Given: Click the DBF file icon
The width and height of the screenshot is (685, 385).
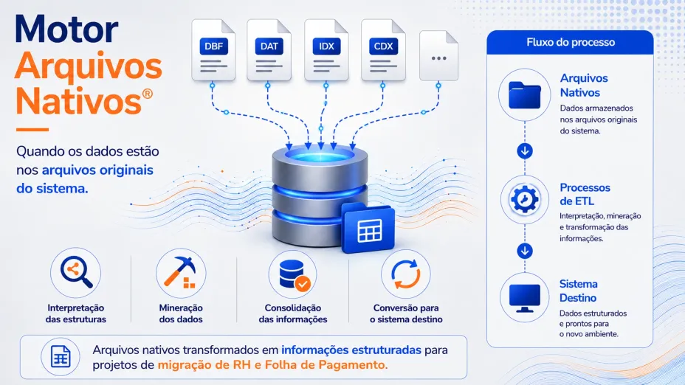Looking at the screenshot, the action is (x=213, y=49).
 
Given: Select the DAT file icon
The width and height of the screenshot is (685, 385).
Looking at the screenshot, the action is (x=269, y=49).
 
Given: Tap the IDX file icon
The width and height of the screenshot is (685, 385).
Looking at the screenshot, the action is (x=326, y=49).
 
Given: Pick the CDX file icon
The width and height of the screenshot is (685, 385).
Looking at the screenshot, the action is (x=383, y=49).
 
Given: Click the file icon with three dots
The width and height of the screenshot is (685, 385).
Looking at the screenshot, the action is (x=438, y=56).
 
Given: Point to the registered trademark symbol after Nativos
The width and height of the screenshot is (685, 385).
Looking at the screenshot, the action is (x=147, y=94).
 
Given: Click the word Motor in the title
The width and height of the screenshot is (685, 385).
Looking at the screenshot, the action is (x=66, y=30).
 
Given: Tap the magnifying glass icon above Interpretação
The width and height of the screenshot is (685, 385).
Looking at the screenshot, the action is (x=76, y=272).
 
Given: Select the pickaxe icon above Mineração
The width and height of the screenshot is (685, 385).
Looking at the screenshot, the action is (x=180, y=273).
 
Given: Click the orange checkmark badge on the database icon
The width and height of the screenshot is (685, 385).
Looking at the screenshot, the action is (x=303, y=284).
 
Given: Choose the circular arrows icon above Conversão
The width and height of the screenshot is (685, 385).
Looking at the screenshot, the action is (x=406, y=274).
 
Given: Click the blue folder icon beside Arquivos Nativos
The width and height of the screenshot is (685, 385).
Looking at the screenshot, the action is (x=525, y=94).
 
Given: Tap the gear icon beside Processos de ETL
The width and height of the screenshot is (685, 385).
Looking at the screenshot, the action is (x=525, y=199).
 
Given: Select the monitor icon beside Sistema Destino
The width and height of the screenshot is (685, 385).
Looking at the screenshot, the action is (x=525, y=298).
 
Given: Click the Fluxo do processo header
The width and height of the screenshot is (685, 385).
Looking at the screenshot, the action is (x=571, y=42).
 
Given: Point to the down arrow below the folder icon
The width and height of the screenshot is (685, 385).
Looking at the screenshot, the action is (x=525, y=151).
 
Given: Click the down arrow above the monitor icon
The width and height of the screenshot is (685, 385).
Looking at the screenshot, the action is (x=525, y=251).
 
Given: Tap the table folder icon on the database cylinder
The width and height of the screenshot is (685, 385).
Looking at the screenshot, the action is (x=368, y=228).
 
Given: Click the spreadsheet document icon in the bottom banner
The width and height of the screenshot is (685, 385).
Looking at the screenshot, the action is (x=61, y=357).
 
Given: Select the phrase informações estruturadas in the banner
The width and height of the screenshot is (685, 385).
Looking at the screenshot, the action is (x=351, y=350).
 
